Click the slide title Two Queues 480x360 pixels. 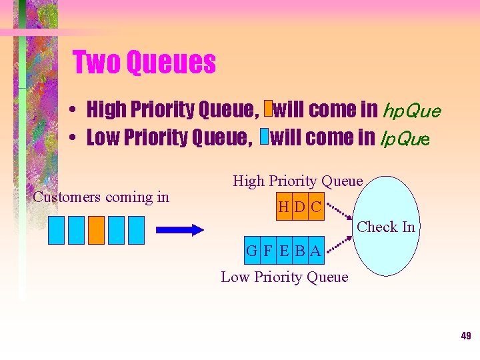pos(144,63)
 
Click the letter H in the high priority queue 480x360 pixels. pos(283,207)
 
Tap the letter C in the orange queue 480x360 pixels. pos(315,207)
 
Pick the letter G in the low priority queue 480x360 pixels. pos(252,251)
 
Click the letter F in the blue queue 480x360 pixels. pos(268,251)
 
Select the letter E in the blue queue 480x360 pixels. pos(285,251)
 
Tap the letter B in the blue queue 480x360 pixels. pos(300,251)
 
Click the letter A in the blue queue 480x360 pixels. pos(315,251)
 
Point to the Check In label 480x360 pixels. pos(386,227)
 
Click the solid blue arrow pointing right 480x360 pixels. pos(179,230)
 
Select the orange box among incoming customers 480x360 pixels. pos(97,230)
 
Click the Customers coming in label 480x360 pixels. pos(101,197)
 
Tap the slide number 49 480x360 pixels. pos(465,336)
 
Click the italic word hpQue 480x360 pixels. pos(410,110)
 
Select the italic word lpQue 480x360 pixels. pos(405,138)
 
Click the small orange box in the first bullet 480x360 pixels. pos(268,109)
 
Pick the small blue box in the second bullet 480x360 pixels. pos(263,137)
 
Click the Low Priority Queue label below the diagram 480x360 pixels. pos(285,277)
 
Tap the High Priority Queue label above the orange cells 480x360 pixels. pos(297,181)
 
